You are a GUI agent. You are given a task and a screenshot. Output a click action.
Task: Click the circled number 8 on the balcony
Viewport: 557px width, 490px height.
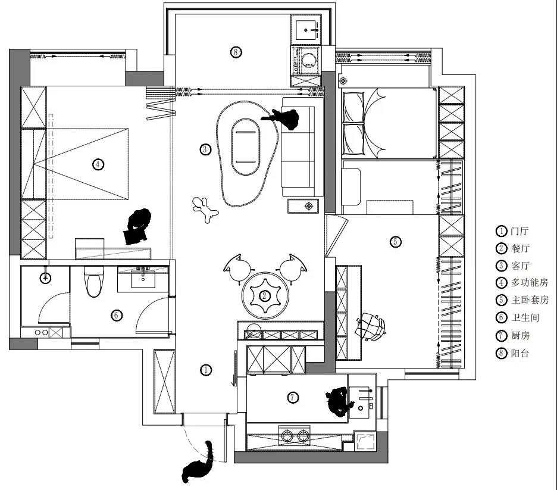pyautogui.click(x=236, y=52)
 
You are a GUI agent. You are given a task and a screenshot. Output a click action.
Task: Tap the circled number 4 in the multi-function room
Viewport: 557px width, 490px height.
pyautogui.click(x=98, y=165)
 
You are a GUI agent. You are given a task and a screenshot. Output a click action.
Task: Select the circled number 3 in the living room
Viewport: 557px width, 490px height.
pyautogui.click(x=205, y=149)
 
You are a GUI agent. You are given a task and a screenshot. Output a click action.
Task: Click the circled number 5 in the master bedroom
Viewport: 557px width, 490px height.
pyautogui.click(x=396, y=241)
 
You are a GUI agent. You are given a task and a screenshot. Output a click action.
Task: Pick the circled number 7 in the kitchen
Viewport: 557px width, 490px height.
pyautogui.click(x=292, y=398)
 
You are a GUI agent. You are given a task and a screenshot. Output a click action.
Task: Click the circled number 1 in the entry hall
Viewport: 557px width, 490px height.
pyautogui.click(x=205, y=370)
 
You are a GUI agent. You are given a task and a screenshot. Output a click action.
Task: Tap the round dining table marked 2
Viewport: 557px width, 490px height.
pyautogui.click(x=266, y=295)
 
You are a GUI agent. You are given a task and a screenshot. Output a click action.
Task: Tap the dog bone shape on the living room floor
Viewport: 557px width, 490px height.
pyautogui.click(x=205, y=210)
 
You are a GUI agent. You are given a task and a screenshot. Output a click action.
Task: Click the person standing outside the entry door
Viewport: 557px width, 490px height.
pyautogui.click(x=199, y=463)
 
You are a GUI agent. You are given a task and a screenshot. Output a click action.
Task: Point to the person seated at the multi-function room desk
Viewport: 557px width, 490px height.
pyautogui.click(x=138, y=225)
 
